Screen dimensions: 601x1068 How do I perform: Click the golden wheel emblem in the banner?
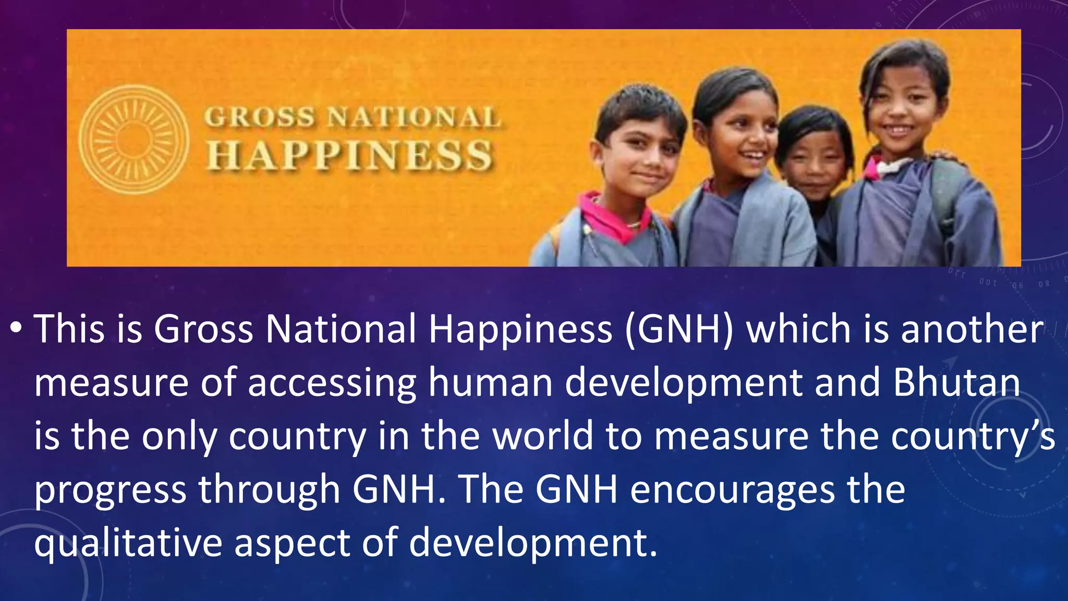[x=133, y=140]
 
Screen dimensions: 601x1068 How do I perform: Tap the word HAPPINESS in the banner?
[x=350, y=156]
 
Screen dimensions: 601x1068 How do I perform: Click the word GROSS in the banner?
[x=259, y=117]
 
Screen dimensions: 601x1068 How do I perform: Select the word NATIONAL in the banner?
[x=414, y=117]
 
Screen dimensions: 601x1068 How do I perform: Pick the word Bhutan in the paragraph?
[x=956, y=382]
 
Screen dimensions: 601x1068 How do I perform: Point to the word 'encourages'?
[x=732, y=490]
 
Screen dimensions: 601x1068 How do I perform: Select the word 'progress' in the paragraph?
[x=111, y=490]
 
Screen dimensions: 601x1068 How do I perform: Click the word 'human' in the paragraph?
[x=490, y=382]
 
